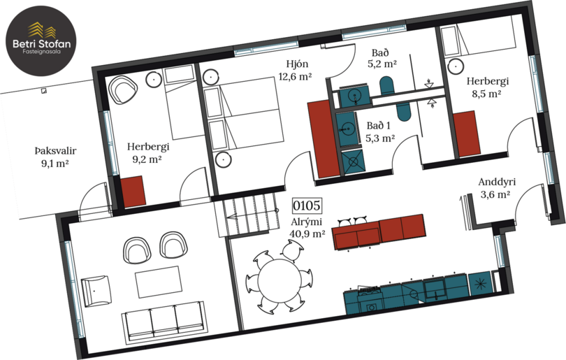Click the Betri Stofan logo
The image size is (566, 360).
click(x=41, y=41)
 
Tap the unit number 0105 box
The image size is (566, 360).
click(x=307, y=206)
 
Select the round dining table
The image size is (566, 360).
click(x=279, y=280)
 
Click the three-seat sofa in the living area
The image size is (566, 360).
click(x=165, y=322)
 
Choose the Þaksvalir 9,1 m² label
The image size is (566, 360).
click(x=55, y=157)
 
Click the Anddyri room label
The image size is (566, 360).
click(x=497, y=182)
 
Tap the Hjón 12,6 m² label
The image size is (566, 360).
click(x=296, y=70)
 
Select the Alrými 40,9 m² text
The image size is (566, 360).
click(x=307, y=228)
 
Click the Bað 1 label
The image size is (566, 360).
click(x=378, y=126)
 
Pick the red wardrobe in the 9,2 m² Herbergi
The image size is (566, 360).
click(x=133, y=192)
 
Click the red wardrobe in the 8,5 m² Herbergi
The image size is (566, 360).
click(x=467, y=134)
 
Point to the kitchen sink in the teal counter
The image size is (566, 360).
click(x=435, y=287)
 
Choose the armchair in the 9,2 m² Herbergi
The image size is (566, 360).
click(x=124, y=89)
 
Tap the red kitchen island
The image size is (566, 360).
click(x=379, y=232)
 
